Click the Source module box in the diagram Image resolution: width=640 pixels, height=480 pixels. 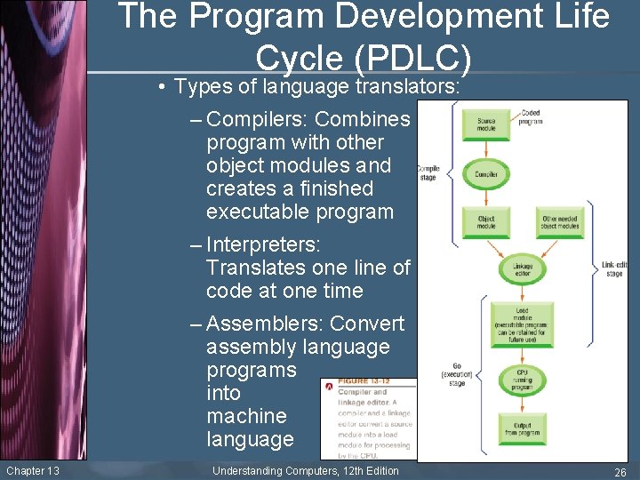coord(486,124)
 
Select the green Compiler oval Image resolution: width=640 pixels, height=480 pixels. coord(486,174)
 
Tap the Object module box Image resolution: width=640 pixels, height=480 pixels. coord(486,222)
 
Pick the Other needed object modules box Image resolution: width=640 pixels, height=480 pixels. coord(561,222)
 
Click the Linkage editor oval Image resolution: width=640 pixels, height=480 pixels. coord(522,270)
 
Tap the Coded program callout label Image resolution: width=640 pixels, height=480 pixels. coord(531,116)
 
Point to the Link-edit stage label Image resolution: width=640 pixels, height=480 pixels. coord(613,268)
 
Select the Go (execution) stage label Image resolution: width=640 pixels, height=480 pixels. coord(457,374)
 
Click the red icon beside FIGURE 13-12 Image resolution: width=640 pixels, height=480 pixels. coord(329,386)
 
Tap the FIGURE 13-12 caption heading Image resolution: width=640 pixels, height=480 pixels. coord(364,381)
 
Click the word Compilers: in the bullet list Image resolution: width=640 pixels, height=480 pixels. coord(257,119)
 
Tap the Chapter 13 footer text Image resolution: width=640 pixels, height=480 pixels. coord(32,470)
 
